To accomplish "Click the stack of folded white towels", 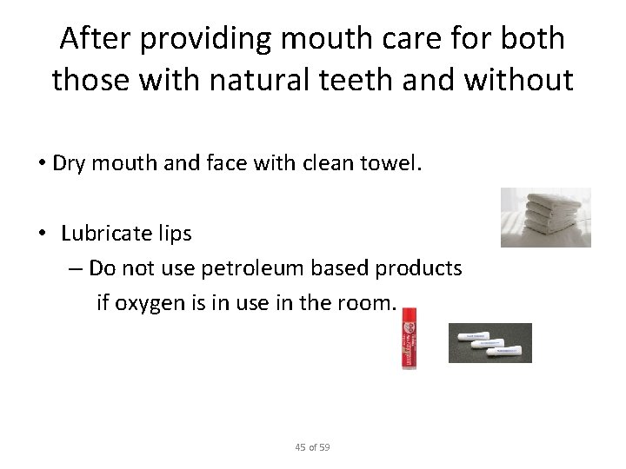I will pyautogui.click(x=545, y=217).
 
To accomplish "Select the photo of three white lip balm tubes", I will pyautogui.click(x=489, y=342).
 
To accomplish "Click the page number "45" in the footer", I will pyautogui.click(x=301, y=447).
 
